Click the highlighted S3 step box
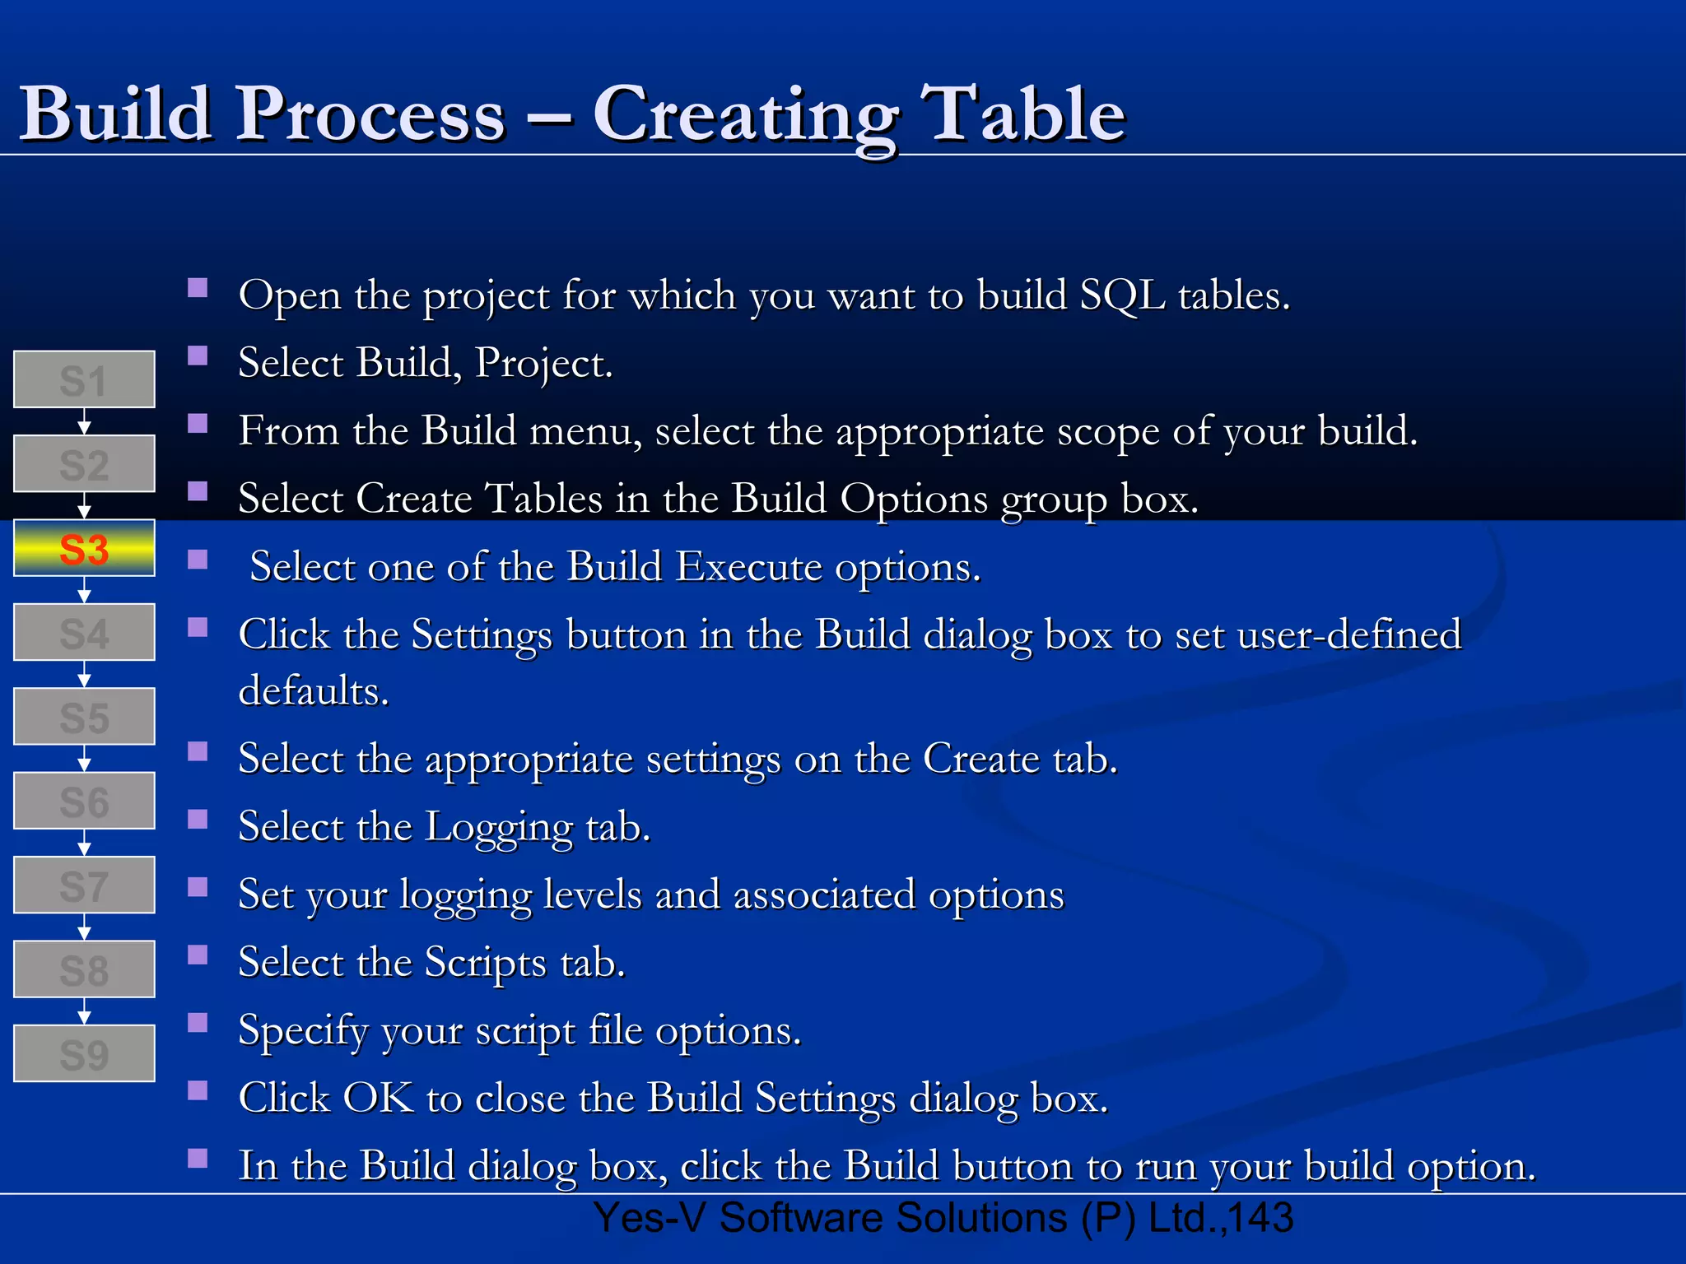click(x=84, y=548)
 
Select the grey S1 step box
click(x=84, y=379)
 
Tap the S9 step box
click(x=84, y=1053)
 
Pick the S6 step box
click(x=84, y=801)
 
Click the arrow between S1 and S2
click(x=84, y=422)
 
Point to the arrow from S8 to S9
click(x=84, y=1011)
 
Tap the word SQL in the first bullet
click(x=1122, y=295)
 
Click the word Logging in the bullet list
click(x=499, y=827)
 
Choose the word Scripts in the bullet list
click(x=486, y=963)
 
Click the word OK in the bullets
click(x=378, y=1098)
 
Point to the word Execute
click(x=748, y=567)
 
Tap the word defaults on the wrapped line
click(x=313, y=690)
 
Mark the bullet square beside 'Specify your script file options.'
click(x=198, y=1023)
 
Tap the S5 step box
click(x=84, y=717)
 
